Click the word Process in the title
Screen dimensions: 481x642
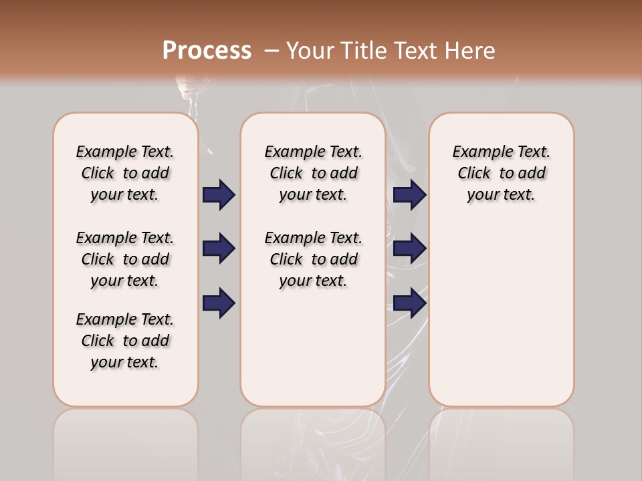207,51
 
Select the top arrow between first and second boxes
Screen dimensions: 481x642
219,194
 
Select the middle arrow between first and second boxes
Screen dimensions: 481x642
219,249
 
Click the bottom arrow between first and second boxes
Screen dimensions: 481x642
219,303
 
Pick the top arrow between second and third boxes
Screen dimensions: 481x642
409,194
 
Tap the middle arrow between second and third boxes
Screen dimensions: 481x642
409,249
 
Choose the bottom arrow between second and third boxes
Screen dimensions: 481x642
409,303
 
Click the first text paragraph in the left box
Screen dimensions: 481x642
125,173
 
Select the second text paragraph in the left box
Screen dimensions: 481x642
125,259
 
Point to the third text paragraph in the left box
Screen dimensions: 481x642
125,341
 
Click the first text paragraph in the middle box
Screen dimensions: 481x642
313,173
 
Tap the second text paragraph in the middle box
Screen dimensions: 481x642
313,259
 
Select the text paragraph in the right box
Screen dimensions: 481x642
501,173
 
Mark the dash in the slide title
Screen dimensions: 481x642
272,51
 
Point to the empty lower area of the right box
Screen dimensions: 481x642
501,314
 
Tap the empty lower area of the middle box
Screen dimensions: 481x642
313,347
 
